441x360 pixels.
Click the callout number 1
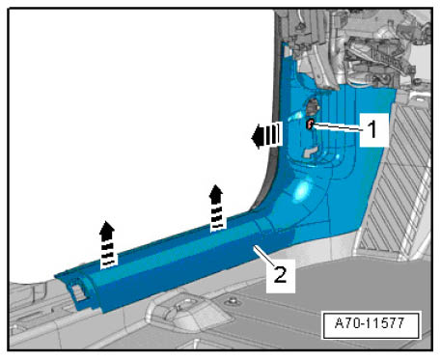pos(372,129)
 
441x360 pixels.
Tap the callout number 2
pos(280,275)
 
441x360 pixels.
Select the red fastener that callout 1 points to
pos(310,124)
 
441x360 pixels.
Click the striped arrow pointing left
pos(266,135)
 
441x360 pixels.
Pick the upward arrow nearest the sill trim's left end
pos(107,245)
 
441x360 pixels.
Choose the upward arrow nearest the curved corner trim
pos(216,208)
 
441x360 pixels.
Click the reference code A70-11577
pos(370,323)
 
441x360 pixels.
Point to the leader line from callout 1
pos(339,127)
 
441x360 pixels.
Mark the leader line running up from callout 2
pos(264,256)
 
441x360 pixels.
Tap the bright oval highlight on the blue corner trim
pos(302,190)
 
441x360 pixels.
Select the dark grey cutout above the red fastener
pos(312,107)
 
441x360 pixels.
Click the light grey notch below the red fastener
pos(310,152)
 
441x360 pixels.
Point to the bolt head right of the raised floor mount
pos(231,301)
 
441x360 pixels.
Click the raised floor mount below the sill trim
pos(189,311)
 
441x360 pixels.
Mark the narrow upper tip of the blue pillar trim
pos(285,47)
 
